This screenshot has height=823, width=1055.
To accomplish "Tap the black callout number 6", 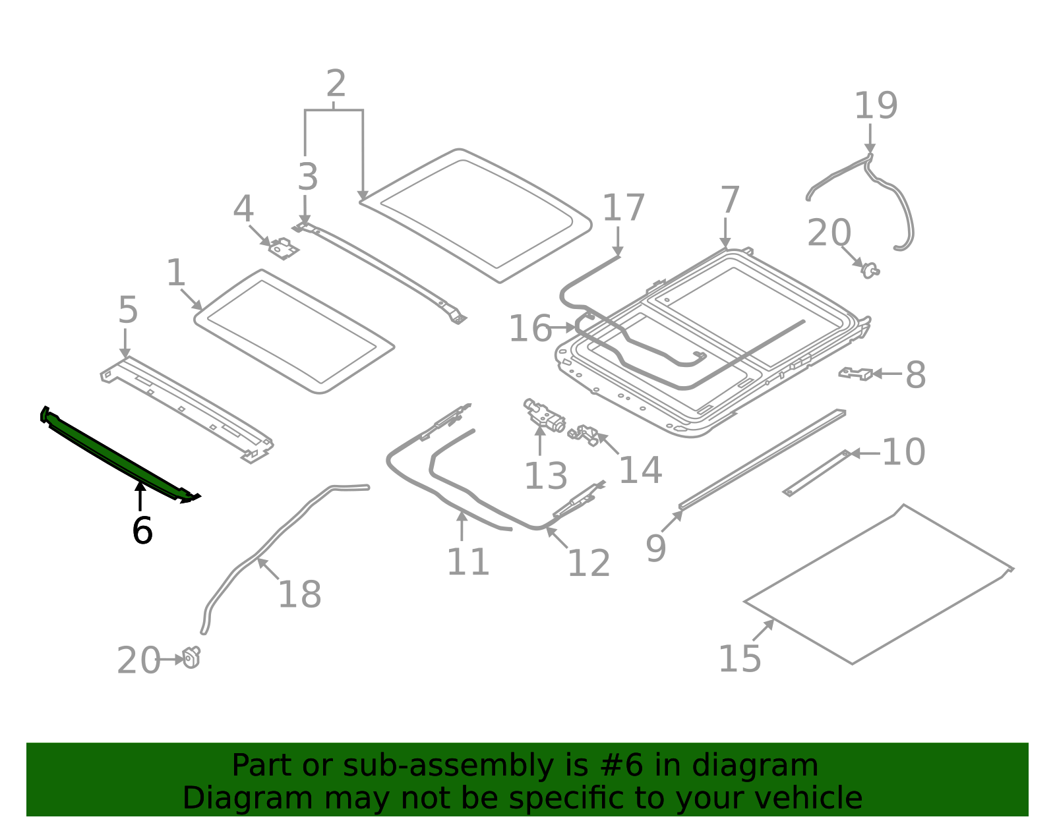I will point(142,531).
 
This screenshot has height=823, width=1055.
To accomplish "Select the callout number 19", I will point(876,106).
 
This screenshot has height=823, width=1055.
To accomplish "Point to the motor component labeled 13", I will point(545,415).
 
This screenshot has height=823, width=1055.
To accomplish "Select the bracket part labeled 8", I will point(856,374).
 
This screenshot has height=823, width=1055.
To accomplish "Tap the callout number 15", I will point(739,658).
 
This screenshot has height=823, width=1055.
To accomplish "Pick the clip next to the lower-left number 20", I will point(192,657).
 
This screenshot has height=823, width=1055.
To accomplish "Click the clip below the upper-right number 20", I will point(870,270).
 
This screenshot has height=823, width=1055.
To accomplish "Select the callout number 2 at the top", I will point(336,84).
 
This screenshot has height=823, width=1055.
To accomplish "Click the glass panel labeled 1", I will point(293,331).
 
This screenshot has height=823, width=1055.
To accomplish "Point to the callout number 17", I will point(623,208).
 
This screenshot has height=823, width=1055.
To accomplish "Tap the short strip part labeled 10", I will point(816,473).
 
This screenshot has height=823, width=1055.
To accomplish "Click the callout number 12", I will point(588,563).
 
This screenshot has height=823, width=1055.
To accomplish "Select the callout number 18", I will point(299,594).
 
